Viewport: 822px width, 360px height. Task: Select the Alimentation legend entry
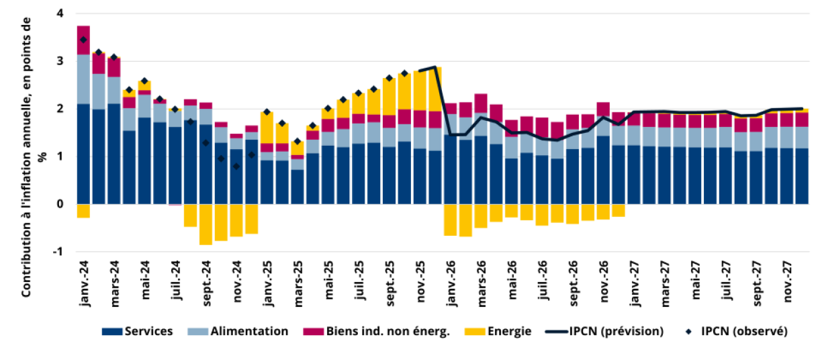tap(248, 331)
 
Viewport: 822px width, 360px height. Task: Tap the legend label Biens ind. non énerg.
tap(386, 331)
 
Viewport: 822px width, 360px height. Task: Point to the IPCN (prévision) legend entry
tap(614, 331)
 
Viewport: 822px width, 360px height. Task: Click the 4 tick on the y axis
tap(60, 13)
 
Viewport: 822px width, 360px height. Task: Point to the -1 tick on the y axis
tap(59, 252)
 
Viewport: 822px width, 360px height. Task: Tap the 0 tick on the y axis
tap(60, 204)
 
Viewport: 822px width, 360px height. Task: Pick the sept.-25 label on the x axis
tap(390, 281)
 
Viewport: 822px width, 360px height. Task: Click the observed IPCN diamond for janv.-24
tap(83, 40)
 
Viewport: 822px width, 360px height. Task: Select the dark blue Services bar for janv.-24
tap(83, 154)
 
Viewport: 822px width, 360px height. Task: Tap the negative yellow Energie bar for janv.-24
tap(83, 211)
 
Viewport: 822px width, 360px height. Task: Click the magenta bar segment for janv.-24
tap(83, 40)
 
